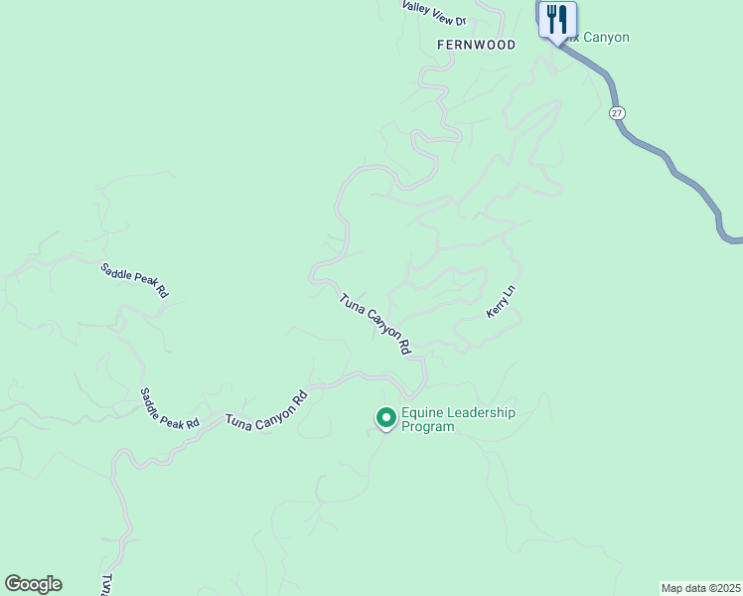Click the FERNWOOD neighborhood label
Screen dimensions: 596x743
[x=477, y=46]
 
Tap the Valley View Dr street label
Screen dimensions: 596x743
[x=434, y=13]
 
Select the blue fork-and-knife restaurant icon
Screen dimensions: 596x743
[x=557, y=19]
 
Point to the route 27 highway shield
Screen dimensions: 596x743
[x=618, y=113]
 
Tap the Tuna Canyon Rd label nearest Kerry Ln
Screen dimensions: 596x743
[x=374, y=324]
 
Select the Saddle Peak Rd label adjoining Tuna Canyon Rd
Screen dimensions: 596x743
[x=169, y=408]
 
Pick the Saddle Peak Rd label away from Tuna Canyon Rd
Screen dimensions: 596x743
[x=135, y=280]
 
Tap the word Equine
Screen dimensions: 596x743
[x=420, y=413]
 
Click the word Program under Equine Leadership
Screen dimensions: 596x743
[x=428, y=427]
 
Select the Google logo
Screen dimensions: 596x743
[x=33, y=584]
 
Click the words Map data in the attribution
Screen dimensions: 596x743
[x=684, y=588]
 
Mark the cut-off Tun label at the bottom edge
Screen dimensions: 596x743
[x=106, y=584]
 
